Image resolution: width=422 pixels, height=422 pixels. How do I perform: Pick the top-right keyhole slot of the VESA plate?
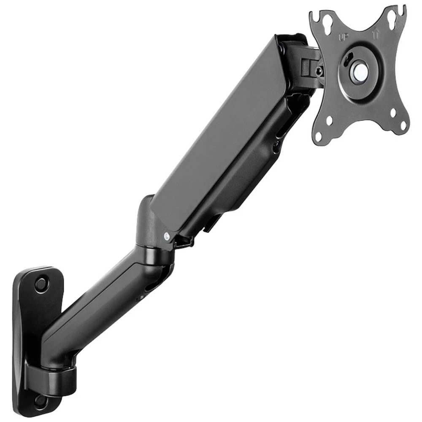pyautogui.click(x=391, y=16)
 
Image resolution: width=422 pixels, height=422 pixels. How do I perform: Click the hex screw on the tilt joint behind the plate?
pyautogui.click(x=319, y=71)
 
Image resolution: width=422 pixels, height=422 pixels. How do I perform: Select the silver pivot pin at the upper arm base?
pyautogui.click(x=167, y=236)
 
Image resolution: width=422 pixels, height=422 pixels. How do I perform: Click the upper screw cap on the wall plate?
pyautogui.click(x=41, y=284)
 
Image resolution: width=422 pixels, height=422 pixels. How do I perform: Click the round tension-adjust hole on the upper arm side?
pyautogui.click(x=276, y=147)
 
